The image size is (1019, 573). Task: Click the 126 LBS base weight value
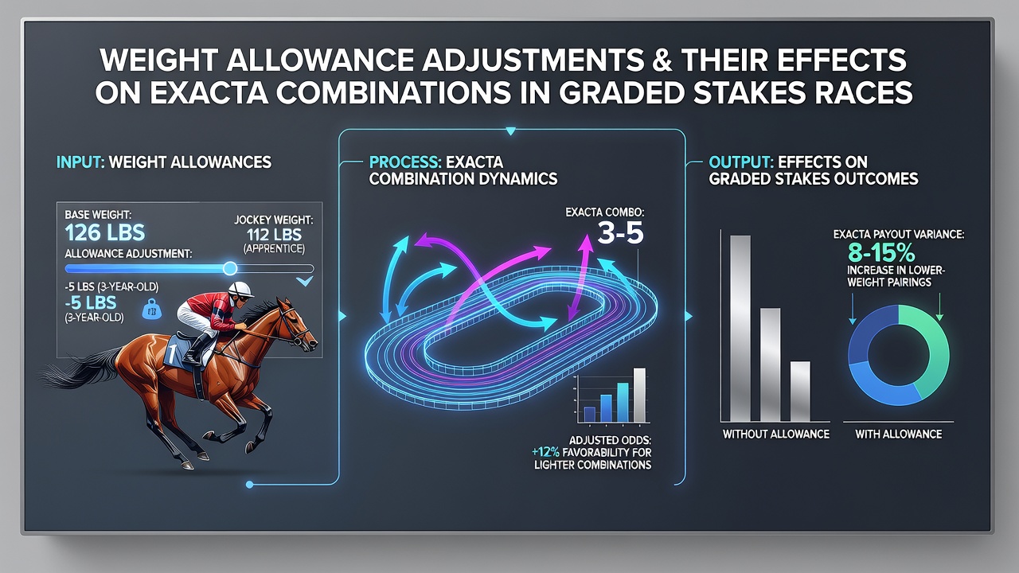(x=104, y=232)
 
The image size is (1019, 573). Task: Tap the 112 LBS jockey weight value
(x=274, y=235)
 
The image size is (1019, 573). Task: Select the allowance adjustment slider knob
(x=230, y=268)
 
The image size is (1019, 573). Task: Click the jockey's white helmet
(x=240, y=289)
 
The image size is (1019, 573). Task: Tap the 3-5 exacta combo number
(x=620, y=234)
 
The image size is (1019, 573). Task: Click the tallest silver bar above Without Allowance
(x=740, y=329)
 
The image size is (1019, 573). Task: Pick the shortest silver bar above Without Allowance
(x=800, y=391)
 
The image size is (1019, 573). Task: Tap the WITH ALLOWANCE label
(x=899, y=435)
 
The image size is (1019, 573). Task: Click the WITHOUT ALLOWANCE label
(x=776, y=435)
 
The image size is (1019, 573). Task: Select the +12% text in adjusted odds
(x=545, y=453)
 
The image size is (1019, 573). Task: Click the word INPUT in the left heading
(x=80, y=162)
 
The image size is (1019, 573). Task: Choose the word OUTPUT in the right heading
(x=740, y=162)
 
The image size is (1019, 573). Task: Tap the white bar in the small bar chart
(x=639, y=396)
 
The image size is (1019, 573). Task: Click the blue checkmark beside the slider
(x=304, y=282)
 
